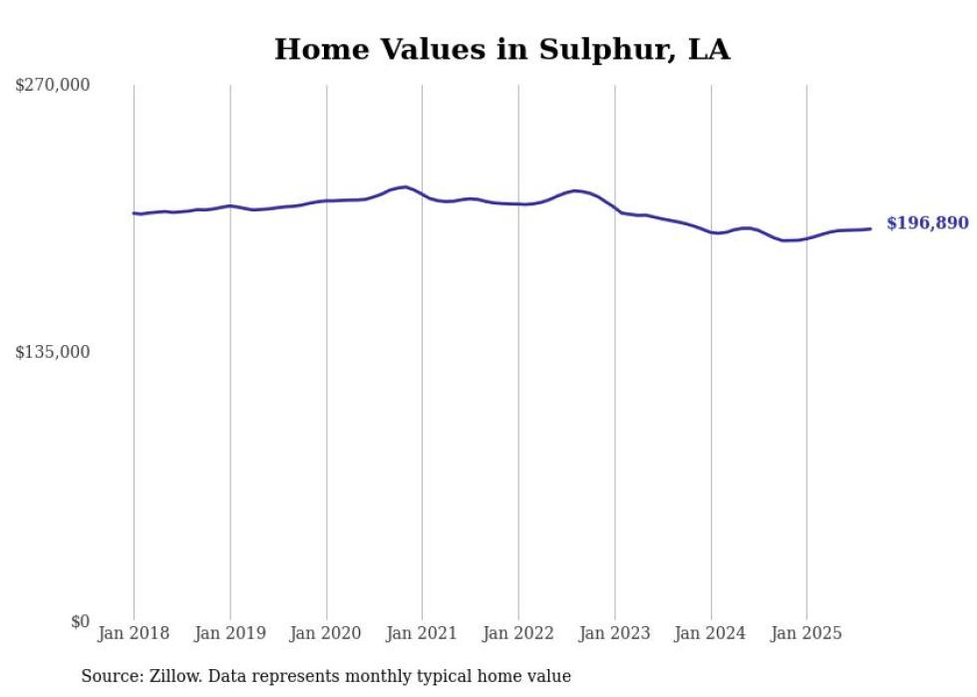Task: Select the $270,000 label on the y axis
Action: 52,85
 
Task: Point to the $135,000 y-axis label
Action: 52,352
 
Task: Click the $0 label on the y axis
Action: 80,621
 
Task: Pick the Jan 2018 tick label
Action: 134,633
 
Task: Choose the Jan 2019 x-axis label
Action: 230,633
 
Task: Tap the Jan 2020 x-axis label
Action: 326,633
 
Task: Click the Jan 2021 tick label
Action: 422,633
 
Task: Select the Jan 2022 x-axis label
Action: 518,633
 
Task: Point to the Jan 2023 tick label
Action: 615,633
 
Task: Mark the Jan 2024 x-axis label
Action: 711,633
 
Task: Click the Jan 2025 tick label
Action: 807,633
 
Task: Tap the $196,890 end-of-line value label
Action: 927,223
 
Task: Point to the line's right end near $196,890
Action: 871,228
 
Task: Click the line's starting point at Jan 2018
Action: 134,212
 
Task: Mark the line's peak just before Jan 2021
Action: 404,186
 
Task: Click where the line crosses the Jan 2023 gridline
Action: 615,209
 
